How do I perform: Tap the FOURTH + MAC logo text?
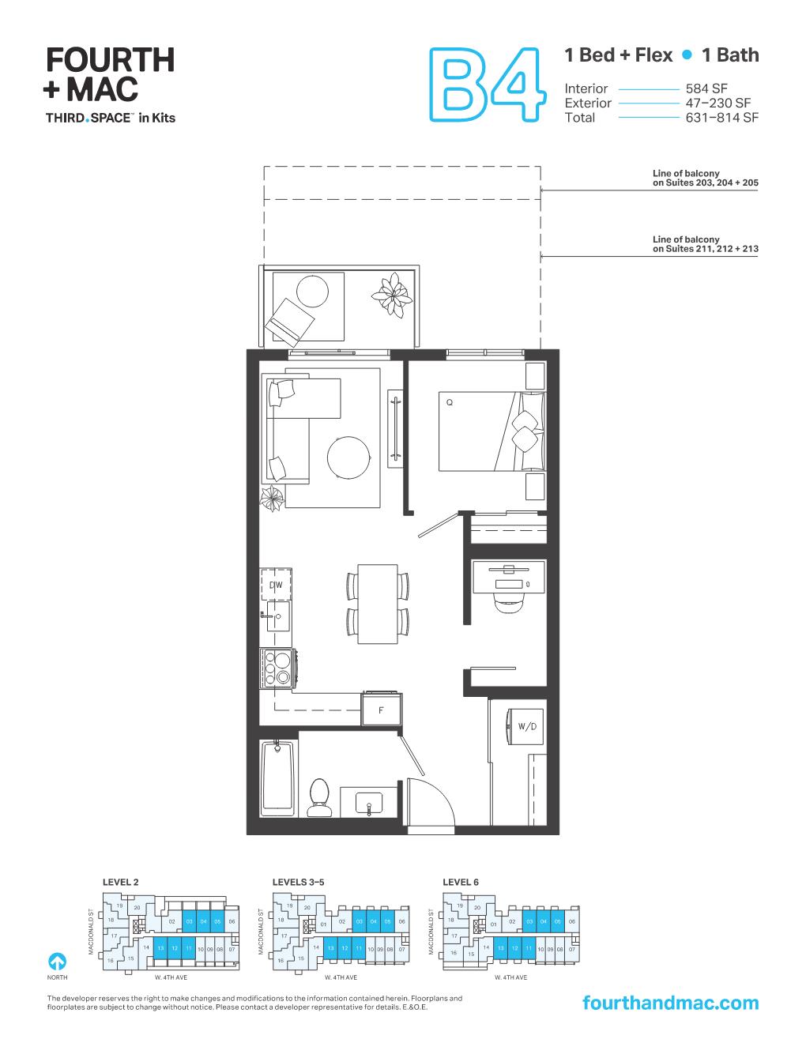click(110, 75)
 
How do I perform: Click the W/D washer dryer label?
click(525, 726)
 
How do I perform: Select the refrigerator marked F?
click(381, 709)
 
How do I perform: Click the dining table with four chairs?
click(378, 604)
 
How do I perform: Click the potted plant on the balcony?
click(394, 294)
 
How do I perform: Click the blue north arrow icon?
click(57, 962)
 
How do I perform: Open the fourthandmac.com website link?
click(669, 1003)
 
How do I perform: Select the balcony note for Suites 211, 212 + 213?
click(705, 244)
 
